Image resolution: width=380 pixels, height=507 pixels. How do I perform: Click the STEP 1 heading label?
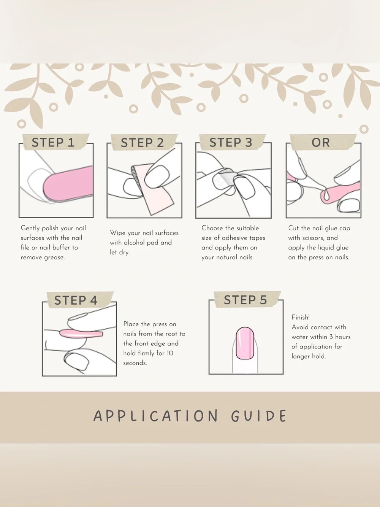pos(53,142)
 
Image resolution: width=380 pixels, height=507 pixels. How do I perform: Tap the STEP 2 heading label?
pos(142,143)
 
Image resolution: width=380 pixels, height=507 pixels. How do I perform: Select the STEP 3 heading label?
pos(231,142)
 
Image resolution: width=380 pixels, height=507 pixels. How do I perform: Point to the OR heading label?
pos(321,142)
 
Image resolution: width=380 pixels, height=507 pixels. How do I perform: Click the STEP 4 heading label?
pos(76,300)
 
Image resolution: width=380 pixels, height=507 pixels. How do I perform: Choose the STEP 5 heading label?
pos(245,300)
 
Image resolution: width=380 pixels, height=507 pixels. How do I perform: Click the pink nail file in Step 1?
pos(68,184)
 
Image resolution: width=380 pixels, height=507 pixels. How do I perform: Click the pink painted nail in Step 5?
pos(245,343)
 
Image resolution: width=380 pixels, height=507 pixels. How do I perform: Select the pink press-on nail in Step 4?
pos(81,334)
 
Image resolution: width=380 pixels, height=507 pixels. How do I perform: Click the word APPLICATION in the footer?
pos(155,416)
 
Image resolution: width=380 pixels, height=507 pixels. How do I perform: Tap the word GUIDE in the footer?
pos(259,416)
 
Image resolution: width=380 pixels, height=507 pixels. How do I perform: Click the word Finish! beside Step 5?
pos(301,317)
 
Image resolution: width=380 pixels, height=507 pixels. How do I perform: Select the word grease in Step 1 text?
pos(54,258)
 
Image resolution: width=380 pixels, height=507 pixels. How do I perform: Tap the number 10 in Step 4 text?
pos(169,353)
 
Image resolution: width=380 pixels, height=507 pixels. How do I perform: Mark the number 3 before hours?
pos(331,337)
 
